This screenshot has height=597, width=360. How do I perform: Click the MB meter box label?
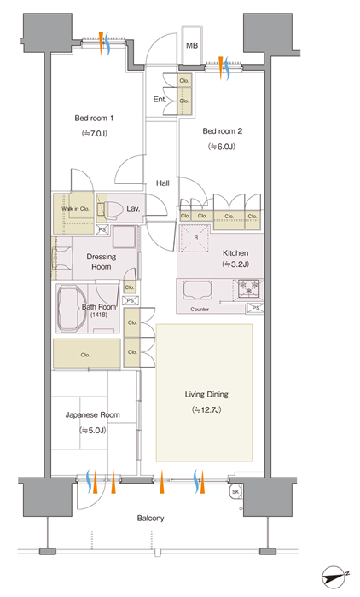192,45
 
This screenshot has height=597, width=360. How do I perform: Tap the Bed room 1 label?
94,118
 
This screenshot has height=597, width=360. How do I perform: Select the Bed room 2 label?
222,131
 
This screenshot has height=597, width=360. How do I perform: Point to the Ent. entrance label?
160,100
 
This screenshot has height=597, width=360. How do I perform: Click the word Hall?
163,183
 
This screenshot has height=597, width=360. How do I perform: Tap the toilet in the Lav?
111,209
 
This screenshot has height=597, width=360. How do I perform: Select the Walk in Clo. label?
75,209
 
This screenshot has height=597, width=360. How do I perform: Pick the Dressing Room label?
102,262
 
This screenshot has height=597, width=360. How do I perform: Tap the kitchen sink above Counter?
198,290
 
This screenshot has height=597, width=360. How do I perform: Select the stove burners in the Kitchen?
248,288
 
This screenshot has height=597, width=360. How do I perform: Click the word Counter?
200,309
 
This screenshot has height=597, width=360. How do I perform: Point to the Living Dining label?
206,394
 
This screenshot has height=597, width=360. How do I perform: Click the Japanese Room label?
93,415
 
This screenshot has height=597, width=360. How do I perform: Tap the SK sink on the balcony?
235,492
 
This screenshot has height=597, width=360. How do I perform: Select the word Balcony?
150,519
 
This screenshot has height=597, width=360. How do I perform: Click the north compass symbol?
334,576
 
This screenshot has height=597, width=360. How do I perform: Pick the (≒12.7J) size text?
206,410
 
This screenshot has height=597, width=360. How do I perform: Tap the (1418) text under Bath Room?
99,315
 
